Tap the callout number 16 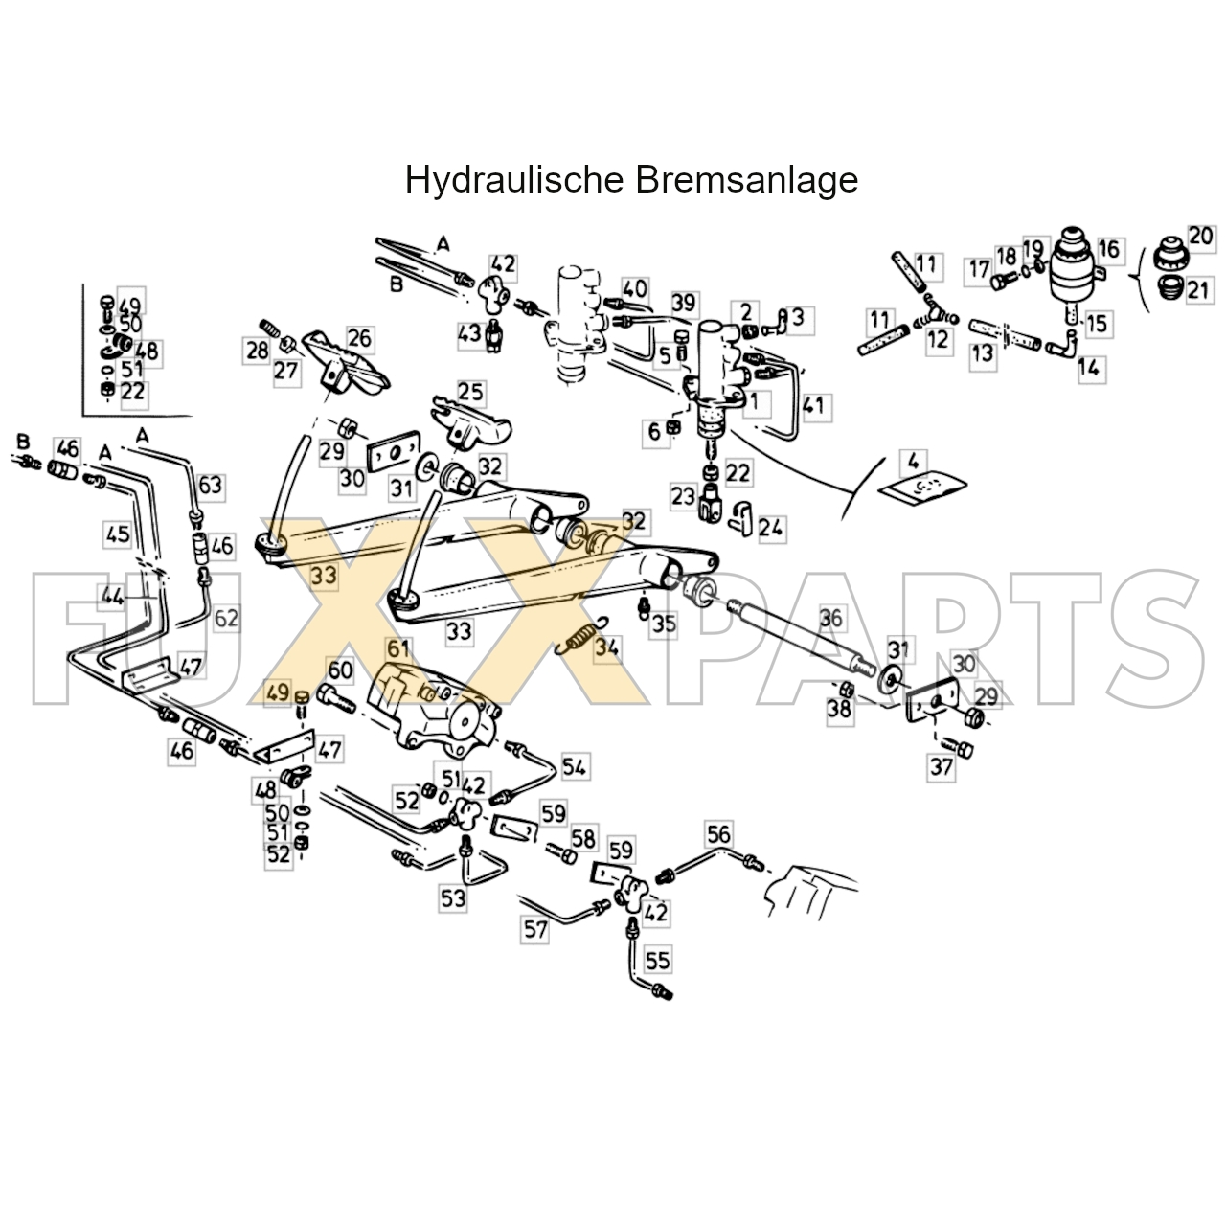click(1108, 250)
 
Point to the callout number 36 click(831, 618)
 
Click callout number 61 click(397, 649)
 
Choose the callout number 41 click(812, 405)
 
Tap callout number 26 click(359, 338)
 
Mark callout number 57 click(535, 928)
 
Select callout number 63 click(210, 486)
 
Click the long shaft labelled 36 click(795, 635)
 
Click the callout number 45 click(117, 534)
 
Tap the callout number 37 click(942, 767)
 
